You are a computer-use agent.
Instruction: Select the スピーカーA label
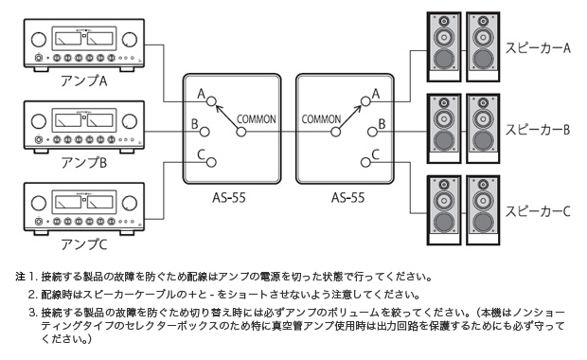point(536,49)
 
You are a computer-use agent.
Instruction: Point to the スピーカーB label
point(536,129)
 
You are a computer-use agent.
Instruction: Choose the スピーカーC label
point(536,209)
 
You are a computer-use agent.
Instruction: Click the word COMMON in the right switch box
point(321,119)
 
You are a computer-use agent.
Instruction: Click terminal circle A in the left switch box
point(215,101)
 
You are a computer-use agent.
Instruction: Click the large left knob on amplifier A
point(39,42)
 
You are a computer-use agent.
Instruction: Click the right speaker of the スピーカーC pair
point(478,206)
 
